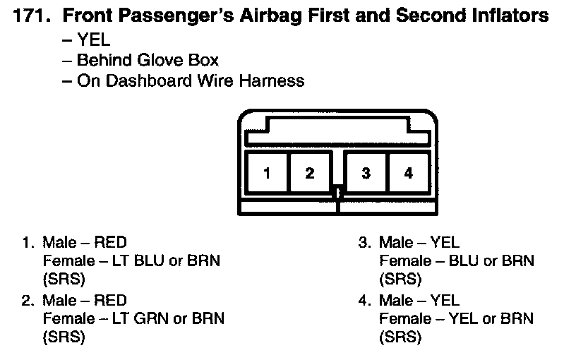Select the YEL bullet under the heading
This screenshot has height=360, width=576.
coord(93,40)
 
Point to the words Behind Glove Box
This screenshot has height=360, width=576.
coord(148,60)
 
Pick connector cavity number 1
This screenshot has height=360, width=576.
coord(267,173)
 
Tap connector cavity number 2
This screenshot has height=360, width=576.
coord(309,173)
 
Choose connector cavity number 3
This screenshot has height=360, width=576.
coord(366,173)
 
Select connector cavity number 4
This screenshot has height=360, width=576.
coord(408,173)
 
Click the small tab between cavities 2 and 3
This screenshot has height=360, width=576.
coord(338,191)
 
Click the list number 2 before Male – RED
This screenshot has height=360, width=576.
coord(28,301)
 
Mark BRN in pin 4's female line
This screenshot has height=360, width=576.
coord(517,318)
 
